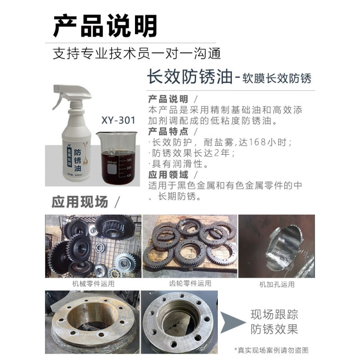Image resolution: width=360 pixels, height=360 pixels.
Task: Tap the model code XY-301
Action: (x=118, y=121)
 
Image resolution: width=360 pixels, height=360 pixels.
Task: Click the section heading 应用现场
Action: (x=80, y=202)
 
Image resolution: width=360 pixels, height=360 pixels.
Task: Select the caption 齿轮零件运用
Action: (x=190, y=283)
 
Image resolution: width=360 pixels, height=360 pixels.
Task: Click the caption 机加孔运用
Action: (x=276, y=284)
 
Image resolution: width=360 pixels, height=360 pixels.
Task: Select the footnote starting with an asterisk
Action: (x=271, y=350)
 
